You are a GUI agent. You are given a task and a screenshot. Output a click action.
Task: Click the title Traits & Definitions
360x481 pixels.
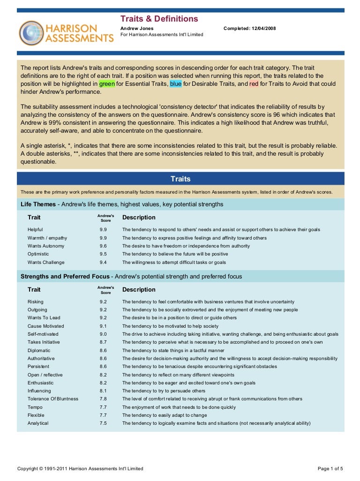point(159,19)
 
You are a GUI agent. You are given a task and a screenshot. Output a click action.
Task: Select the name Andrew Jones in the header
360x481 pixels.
point(137,29)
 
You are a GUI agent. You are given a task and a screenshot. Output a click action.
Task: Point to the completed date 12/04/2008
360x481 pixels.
point(262,29)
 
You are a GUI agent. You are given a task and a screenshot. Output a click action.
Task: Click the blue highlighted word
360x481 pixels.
point(175,84)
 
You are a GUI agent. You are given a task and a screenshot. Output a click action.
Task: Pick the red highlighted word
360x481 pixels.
point(254,84)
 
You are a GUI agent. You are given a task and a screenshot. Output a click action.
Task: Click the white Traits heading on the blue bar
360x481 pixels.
point(180,179)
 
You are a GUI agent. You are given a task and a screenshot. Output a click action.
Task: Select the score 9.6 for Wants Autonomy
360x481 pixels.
point(103,246)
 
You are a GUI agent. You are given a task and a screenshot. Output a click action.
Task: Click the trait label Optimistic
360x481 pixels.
point(38,254)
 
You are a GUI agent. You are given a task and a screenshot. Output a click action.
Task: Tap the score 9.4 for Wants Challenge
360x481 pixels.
point(103,263)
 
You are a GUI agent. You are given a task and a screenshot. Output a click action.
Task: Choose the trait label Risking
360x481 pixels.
point(35,302)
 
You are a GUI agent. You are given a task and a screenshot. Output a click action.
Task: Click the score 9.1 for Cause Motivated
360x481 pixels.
point(103,326)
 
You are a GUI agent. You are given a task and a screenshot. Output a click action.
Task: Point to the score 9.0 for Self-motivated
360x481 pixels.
point(103,334)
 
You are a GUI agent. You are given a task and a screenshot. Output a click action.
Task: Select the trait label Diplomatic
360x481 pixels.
point(38,350)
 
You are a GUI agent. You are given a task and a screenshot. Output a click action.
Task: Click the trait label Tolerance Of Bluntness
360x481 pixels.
point(53,399)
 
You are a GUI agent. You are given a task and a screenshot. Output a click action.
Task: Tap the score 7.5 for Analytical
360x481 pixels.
point(103,423)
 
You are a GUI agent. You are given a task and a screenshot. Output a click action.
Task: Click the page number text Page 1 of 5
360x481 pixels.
point(330,468)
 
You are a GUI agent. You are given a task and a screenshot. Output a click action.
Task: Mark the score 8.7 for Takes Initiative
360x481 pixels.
point(103,342)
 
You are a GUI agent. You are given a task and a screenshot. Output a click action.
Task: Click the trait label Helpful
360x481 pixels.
point(35,230)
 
